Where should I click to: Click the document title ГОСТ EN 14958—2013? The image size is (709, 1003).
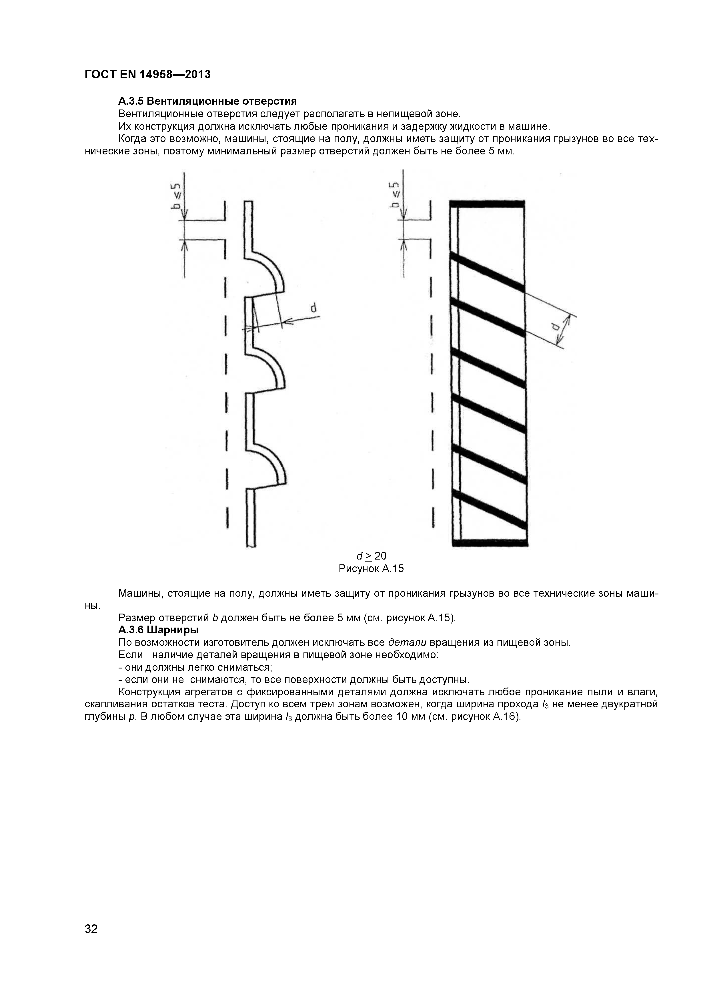pos(147,75)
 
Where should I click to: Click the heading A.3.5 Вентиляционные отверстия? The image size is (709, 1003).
pos(207,101)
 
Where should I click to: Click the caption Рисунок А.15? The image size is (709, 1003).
pos(371,568)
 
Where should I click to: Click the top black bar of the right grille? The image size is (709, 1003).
pos(487,204)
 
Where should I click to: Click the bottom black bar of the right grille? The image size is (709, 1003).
pos(490,544)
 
